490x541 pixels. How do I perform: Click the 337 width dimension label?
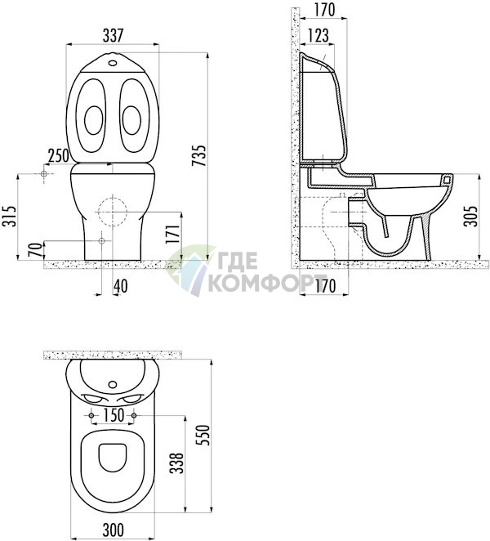click(113, 35)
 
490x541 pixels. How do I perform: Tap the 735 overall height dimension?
click(199, 155)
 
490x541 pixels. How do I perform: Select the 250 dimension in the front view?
click(59, 156)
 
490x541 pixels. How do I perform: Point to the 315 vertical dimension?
click(10, 216)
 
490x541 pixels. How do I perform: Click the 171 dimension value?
click(172, 235)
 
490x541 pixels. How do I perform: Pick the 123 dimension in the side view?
click(318, 35)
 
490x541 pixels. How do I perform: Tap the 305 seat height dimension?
click(470, 216)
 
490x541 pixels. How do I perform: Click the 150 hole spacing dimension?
click(113, 415)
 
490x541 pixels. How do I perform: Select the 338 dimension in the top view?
click(177, 463)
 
